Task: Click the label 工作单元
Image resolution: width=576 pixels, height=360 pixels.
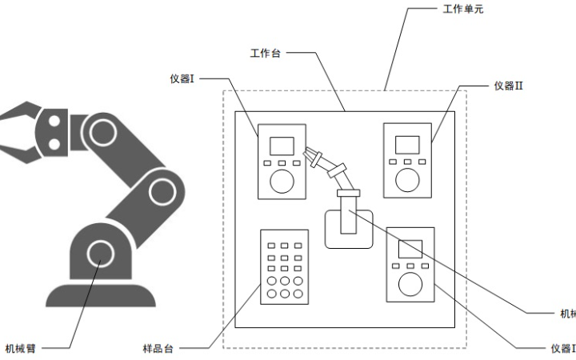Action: click(x=463, y=10)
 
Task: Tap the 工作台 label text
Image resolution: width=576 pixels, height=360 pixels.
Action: click(x=264, y=54)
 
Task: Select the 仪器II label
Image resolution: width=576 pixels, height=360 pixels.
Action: click(x=509, y=86)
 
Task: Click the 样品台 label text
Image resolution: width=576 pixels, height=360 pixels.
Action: click(x=158, y=348)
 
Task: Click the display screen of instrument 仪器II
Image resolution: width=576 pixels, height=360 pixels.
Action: click(x=408, y=145)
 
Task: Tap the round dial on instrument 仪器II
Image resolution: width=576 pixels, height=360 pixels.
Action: click(x=408, y=180)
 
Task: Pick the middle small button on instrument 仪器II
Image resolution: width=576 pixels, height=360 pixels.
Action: click(x=408, y=162)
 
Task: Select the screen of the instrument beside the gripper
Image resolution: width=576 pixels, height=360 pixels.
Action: click(x=281, y=146)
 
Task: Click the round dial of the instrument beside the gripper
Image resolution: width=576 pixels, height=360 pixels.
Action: click(x=282, y=181)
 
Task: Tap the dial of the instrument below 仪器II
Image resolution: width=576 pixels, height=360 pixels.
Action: click(x=410, y=283)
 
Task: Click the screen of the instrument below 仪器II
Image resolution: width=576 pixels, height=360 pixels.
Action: click(x=410, y=248)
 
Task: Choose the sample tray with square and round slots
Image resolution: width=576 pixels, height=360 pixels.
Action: click(x=284, y=266)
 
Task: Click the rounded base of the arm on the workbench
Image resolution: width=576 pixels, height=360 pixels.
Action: click(x=349, y=229)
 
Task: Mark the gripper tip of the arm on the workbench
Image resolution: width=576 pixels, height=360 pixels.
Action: click(x=311, y=155)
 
